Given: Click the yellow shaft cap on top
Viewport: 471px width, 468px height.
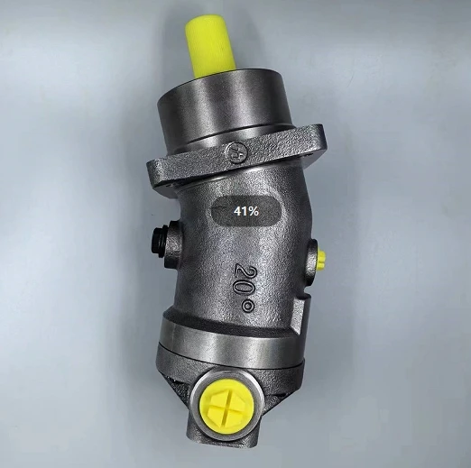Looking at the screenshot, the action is (x=209, y=47).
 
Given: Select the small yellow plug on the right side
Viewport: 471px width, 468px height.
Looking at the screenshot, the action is (x=321, y=260).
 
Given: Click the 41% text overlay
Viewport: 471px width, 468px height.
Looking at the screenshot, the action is (x=246, y=211).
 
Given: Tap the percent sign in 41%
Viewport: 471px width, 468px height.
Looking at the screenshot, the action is (x=254, y=211).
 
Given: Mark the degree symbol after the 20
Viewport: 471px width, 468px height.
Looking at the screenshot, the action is (x=249, y=306).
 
